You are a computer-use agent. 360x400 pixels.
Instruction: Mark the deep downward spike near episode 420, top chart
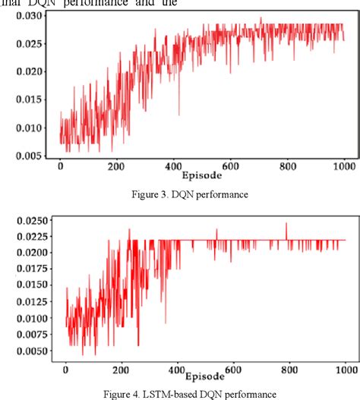click(x=179, y=115)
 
